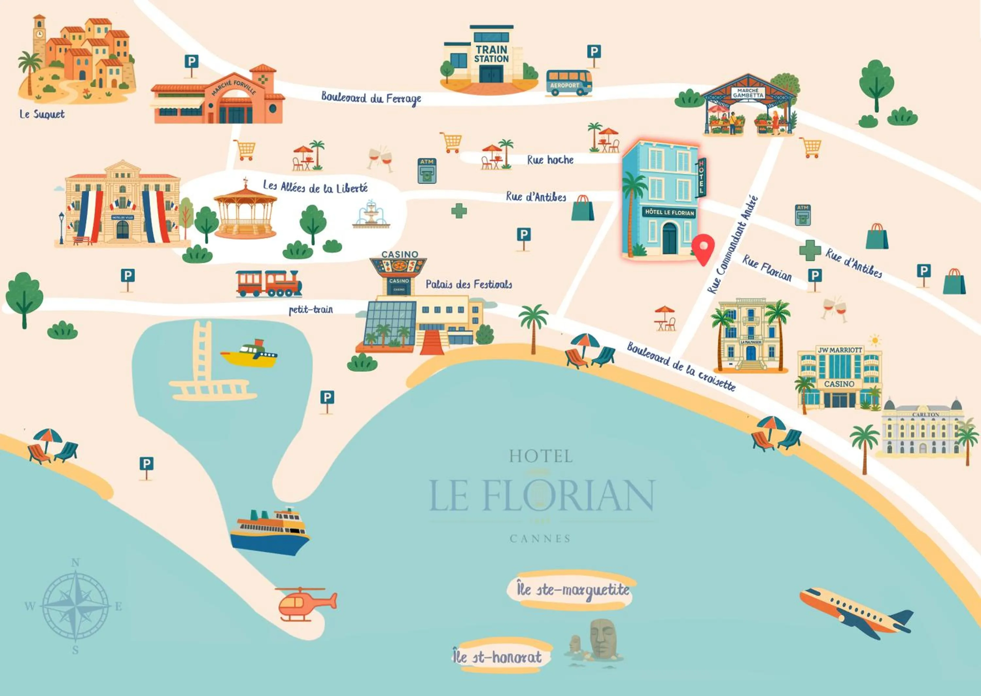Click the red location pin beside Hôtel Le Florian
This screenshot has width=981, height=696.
click(x=703, y=249)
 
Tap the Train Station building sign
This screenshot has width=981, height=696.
click(x=491, y=54)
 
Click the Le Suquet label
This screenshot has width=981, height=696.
click(x=42, y=114)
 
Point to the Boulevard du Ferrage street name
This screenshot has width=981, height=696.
click(x=371, y=98)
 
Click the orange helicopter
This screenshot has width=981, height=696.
click(x=305, y=603)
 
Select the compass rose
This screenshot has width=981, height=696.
click(x=76, y=606)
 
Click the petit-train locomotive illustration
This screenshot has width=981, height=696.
click(x=268, y=283)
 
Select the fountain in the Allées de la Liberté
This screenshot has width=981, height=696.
click(x=371, y=214)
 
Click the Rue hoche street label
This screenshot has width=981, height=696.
click(x=550, y=160)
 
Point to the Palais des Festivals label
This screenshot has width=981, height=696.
click(x=469, y=284)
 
